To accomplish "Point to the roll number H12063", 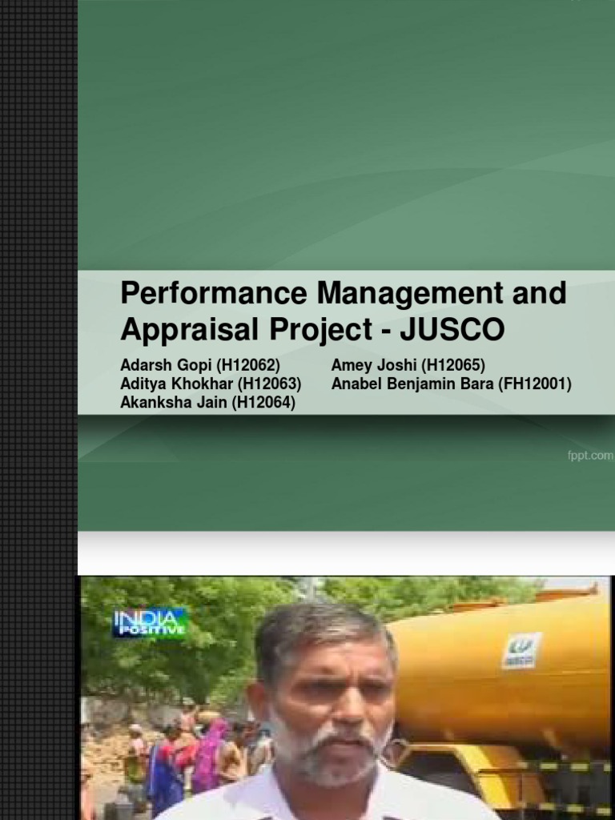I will (269, 384).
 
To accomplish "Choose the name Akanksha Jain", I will (173, 403).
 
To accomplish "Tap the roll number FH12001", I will (535, 384).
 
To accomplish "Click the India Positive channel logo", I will (150, 622).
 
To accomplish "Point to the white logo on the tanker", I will (521, 649).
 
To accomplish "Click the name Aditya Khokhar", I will (176, 384).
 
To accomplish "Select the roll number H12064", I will (263, 403).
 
